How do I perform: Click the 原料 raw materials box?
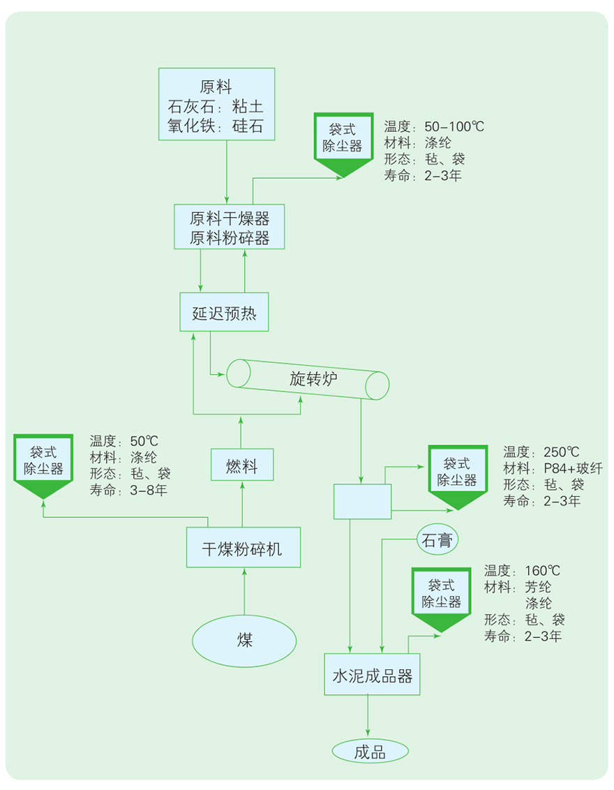pos(216,103)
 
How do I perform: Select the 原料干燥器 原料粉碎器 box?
pos(230,226)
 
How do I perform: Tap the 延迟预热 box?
pos(224,312)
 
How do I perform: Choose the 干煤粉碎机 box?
pos(243,548)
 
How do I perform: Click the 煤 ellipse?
pos(244,640)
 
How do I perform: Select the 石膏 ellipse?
pos(437,540)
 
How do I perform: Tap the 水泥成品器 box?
pos(373,675)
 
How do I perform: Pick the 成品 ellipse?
pos(369,752)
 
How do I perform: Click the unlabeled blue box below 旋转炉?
pos(362,501)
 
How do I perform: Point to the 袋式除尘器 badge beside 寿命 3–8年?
pos(43,462)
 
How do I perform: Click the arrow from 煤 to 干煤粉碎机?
pos(244,593)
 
